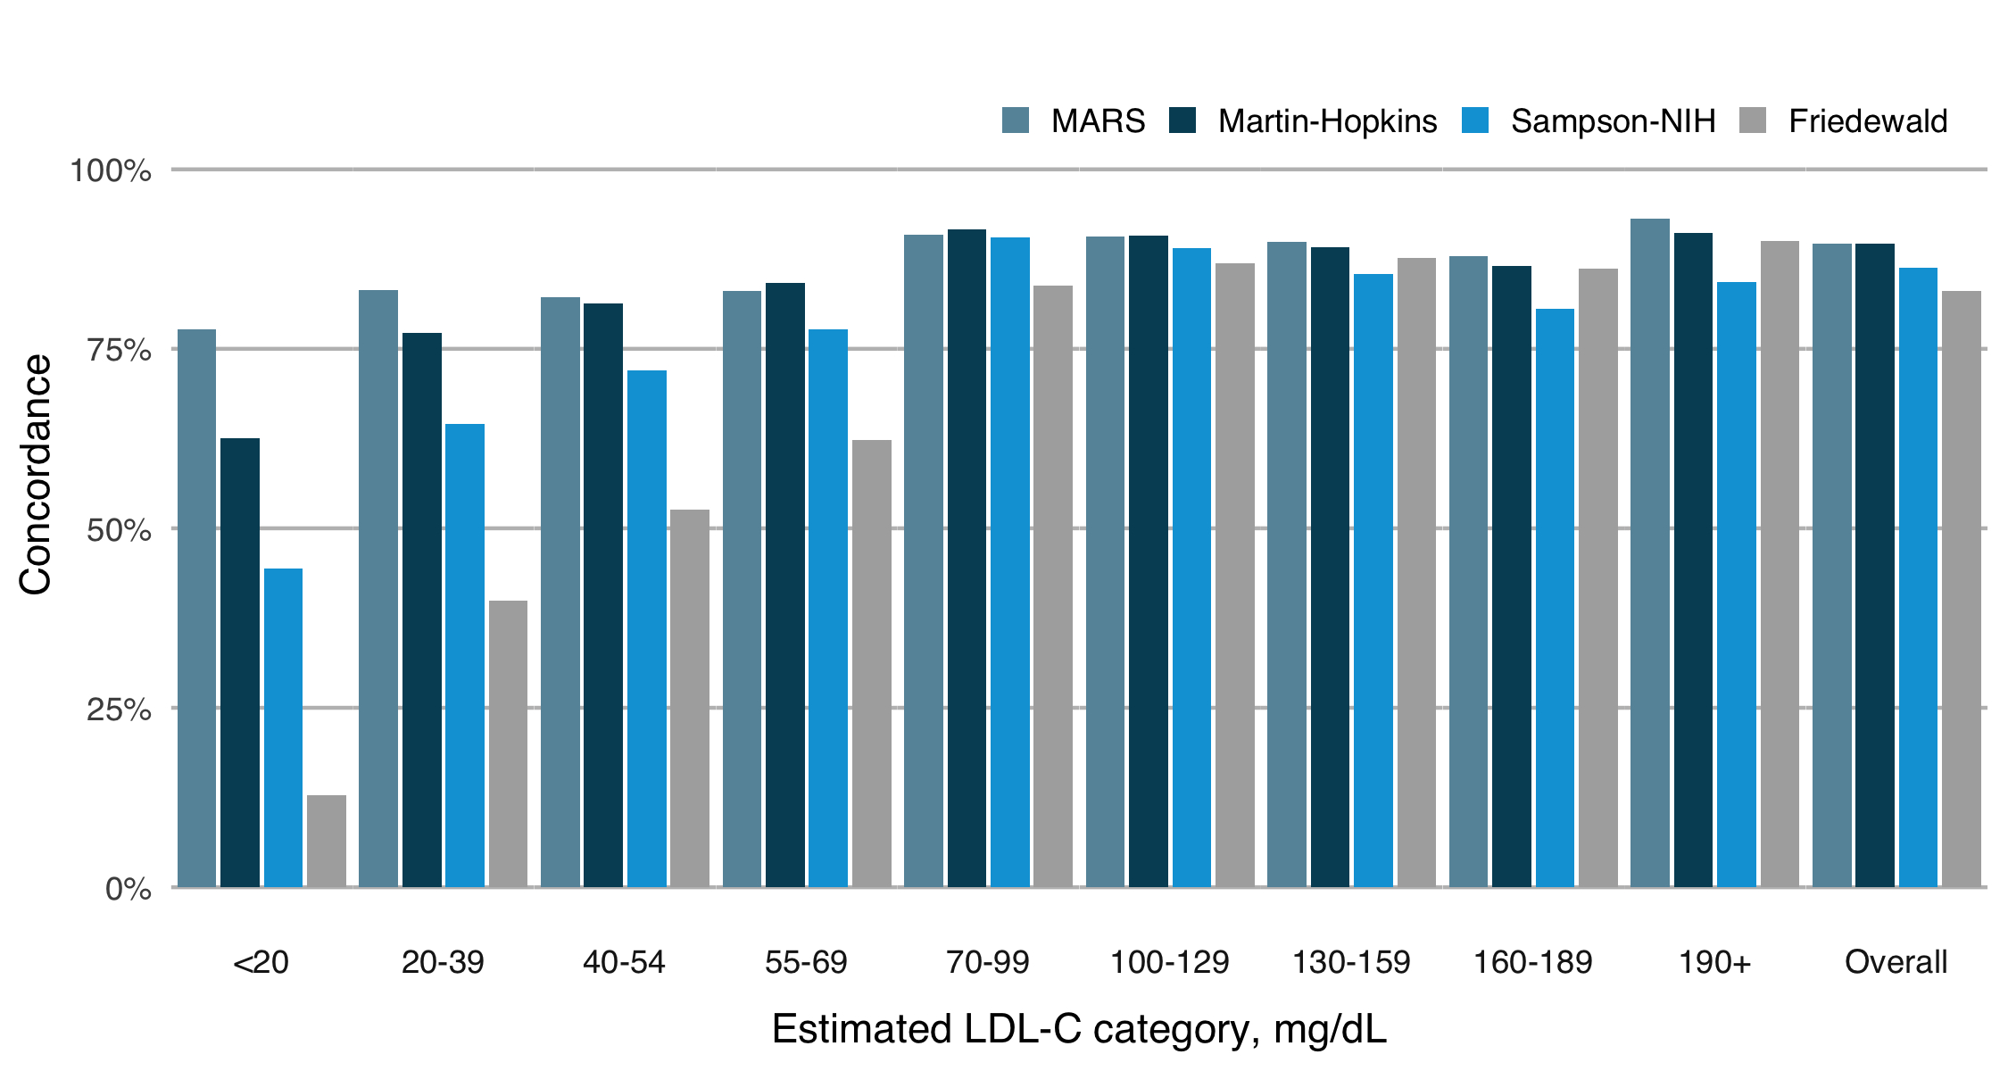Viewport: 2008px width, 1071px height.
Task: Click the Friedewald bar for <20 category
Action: pos(327,841)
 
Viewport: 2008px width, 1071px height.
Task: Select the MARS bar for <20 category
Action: pos(196,608)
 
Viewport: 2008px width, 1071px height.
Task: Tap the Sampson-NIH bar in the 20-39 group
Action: pos(465,655)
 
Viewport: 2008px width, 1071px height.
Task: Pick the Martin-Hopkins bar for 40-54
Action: pos(603,595)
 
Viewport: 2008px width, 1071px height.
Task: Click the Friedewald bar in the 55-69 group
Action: pos(871,663)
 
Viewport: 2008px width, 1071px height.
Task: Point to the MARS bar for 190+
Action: pos(1649,552)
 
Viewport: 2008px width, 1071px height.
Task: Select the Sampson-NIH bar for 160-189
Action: pos(1555,598)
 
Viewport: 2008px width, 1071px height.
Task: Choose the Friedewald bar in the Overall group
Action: pos(1962,589)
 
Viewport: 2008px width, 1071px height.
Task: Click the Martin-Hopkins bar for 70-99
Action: pos(967,558)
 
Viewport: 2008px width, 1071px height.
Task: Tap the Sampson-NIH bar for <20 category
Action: pos(283,727)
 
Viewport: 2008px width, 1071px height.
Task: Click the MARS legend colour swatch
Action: pos(1016,120)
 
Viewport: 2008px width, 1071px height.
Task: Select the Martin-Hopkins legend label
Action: pos(1327,121)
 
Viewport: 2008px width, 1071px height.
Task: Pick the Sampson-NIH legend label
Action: pos(1613,121)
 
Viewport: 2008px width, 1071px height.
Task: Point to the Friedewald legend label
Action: pos(1868,121)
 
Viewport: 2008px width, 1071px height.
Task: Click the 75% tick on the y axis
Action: pos(119,350)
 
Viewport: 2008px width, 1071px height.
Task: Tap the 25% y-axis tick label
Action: pos(119,710)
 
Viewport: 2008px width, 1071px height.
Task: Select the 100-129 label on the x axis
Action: pos(1169,962)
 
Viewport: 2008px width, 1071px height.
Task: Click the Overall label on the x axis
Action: pos(1896,962)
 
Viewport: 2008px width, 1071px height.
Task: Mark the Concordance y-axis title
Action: pos(36,475)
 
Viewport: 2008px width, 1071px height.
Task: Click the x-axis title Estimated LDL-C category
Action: pos(1078,1029)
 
